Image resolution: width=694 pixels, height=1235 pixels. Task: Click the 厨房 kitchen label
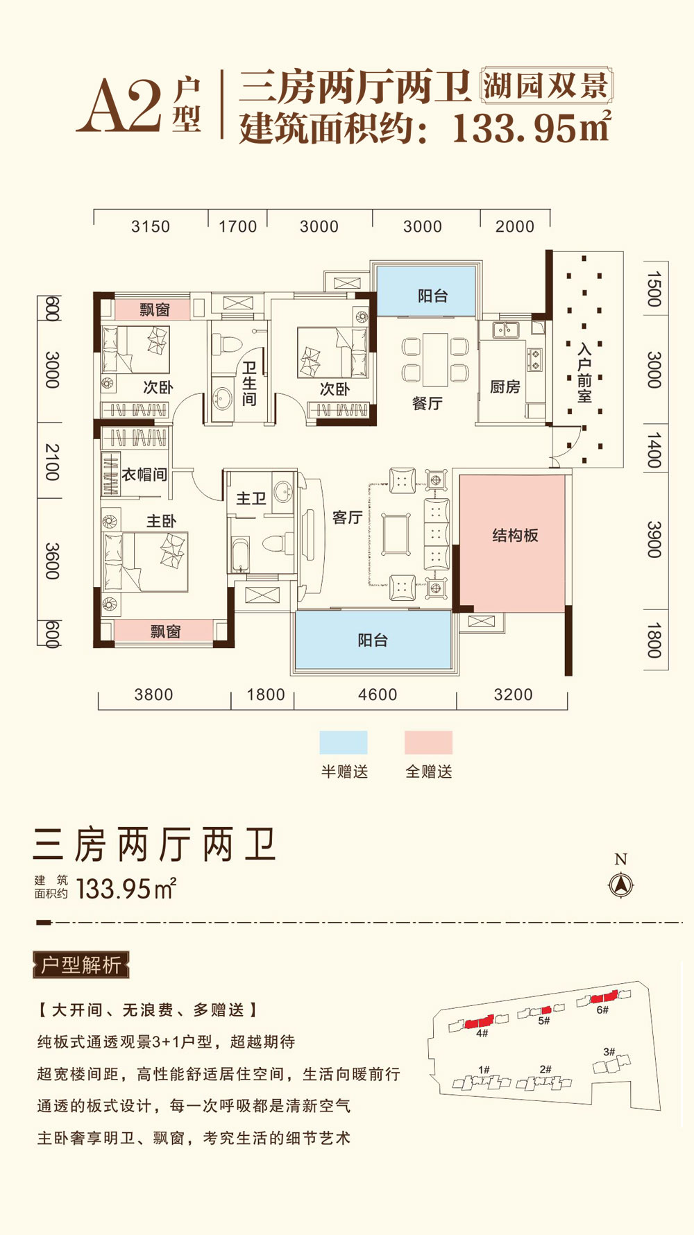click(505, 387)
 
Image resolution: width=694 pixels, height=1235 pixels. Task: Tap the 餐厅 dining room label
click(427, 404)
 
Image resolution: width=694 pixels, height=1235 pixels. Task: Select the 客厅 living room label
click(347, 518)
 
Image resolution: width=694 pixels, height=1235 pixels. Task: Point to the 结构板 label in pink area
click(515, 535)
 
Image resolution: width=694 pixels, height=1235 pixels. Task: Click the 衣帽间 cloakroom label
click(144, 475)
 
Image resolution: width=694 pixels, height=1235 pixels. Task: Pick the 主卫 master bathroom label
click(251, 499)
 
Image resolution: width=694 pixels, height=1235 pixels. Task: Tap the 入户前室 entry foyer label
click(584, 373)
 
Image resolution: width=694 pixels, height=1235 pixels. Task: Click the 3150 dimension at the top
click(151, 227)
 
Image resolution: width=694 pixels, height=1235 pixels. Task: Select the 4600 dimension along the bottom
click(378, 695)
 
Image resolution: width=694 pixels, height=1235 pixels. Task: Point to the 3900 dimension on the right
click(654, 539)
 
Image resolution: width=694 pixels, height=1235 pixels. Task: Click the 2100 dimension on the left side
click(52, 461)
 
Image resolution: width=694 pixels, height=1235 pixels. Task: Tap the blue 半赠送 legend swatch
click(344, 742)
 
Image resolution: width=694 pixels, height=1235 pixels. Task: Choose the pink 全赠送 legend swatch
click(428, 742)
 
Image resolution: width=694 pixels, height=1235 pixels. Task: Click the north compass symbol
click(620, 885)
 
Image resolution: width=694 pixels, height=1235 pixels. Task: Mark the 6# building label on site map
click(602, 1010)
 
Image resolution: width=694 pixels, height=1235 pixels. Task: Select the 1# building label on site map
click(484, 1070)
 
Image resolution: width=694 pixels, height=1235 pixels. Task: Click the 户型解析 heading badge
click(81, 965)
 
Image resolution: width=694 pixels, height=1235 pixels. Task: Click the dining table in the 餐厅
click(435, 359)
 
